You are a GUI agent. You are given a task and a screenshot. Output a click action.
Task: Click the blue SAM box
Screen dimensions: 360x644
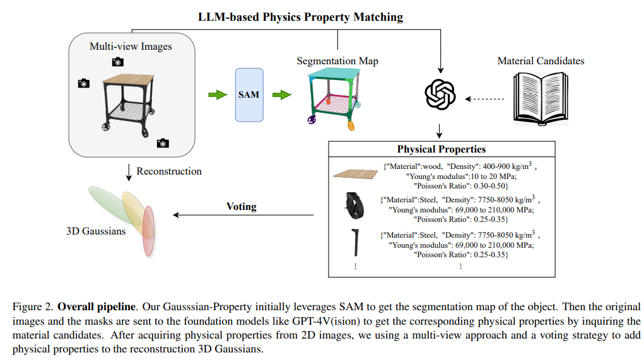click(249, 95)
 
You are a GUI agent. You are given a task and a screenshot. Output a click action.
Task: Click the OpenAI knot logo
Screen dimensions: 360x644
click(440, 95)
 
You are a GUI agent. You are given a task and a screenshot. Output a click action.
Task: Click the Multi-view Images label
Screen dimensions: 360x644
click(131, 46)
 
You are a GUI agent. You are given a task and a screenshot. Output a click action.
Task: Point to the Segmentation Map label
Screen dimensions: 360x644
click(337, 61)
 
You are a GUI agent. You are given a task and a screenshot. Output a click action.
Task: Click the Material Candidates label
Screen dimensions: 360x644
click(541, 61)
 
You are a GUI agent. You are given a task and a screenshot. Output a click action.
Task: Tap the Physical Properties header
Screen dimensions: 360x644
click(441, 149)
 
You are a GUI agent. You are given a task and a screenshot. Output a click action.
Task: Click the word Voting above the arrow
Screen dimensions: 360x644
click(242, 206)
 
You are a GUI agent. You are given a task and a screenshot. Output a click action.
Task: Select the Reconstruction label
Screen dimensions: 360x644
click(169, 171)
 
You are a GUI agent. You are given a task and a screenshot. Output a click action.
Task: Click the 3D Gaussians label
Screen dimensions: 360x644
click(96, 231)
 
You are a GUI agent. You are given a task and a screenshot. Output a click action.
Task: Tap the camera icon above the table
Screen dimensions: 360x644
click(118, 61)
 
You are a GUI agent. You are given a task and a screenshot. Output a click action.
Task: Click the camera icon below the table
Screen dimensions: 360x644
click(163, 143)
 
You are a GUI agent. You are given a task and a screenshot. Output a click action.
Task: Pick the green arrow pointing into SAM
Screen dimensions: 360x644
click(218, 95)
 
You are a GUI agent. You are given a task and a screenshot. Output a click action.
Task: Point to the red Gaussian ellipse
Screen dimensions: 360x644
click(148, 231)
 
